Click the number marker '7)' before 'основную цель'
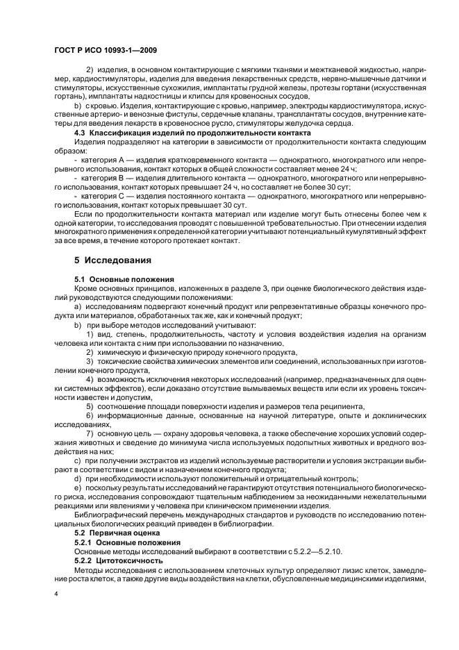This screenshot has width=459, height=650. [x=90, y=433]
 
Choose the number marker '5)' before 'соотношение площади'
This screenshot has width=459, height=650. [x=90, y=406]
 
